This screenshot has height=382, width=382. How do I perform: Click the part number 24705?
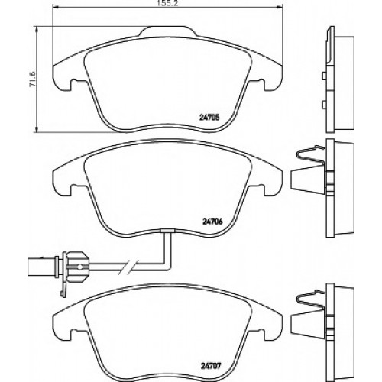[209, 118]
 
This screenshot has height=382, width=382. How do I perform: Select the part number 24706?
[212, 222]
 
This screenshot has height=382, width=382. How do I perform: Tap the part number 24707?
[210, 366]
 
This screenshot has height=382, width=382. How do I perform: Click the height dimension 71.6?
[33, 79]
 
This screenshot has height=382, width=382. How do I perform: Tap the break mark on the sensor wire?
[128, 267]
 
